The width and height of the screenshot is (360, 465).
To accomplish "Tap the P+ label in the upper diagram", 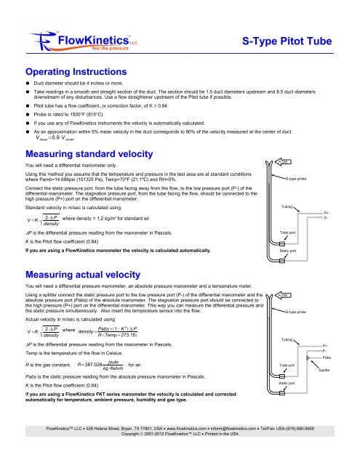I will (325, 213).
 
